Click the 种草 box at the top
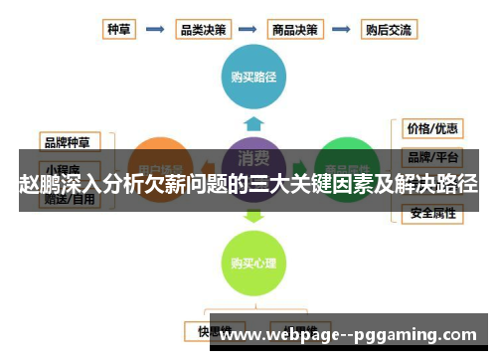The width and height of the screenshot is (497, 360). tap(119, 30)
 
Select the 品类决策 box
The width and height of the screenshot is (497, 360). tap(203, 30)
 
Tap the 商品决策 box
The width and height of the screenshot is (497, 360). tap(296, 30)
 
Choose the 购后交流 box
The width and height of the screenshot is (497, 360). tap(389, 30)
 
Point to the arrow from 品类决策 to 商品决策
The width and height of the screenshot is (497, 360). tap(249, 30)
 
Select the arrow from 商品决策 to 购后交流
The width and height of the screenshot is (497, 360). tap(342, 30)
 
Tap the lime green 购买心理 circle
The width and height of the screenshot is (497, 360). tap(253, 264)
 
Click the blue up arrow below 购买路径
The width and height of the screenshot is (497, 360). tap(253, 123)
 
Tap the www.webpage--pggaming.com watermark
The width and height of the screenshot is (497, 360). tap(354, 335)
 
